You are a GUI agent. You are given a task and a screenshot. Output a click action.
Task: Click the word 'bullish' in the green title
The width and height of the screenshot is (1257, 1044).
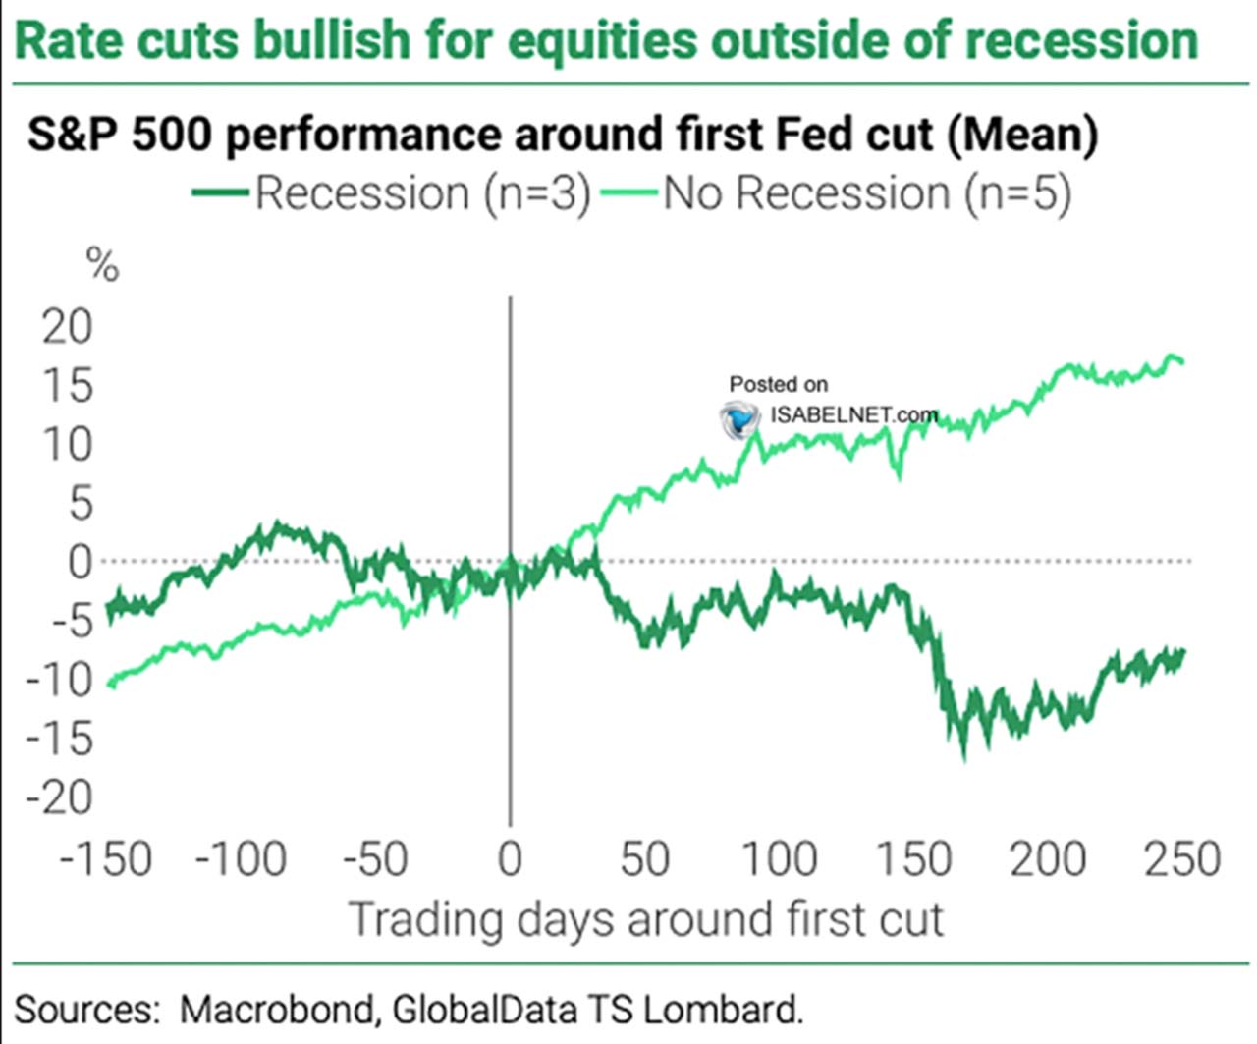316,40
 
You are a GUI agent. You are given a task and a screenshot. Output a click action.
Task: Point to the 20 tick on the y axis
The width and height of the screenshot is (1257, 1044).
67,327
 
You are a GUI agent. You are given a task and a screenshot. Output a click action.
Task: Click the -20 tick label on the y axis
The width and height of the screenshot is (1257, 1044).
59,797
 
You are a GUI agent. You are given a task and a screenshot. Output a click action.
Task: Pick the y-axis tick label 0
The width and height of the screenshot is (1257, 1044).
80,562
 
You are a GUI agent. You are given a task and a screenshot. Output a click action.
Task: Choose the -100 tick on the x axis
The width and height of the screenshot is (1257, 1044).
241,859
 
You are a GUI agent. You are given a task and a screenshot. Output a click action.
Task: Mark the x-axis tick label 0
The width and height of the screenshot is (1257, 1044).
510,859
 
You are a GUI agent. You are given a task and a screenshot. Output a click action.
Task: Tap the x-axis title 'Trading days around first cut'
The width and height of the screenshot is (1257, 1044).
645,920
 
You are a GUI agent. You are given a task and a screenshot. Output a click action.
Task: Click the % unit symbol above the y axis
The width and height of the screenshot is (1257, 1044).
102,265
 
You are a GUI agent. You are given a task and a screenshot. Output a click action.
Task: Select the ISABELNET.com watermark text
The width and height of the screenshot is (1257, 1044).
852,414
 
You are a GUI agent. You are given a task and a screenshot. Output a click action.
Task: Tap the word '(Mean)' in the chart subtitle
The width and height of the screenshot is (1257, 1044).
1021,135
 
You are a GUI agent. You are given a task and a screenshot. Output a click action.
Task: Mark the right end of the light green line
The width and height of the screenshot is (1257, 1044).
1183,361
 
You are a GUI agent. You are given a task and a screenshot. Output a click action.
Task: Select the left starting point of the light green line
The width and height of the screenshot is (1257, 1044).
107,685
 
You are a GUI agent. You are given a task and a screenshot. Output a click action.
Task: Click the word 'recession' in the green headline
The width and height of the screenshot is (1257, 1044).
1081,40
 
